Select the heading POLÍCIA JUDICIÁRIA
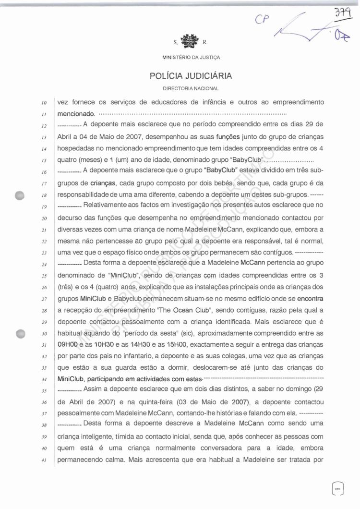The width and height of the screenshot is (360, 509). click(x=191, y=76)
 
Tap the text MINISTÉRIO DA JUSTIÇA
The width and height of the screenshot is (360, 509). click(x=191, y=58)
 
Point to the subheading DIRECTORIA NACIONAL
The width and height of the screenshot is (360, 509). click(x=191, y=88)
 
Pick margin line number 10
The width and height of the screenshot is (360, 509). click(x=44, y=103)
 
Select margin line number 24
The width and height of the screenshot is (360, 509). click(x=44, y=265)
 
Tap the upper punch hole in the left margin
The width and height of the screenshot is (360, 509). click(x=20, y=195)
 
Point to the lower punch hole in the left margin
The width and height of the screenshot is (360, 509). click(x=20, y=334)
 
